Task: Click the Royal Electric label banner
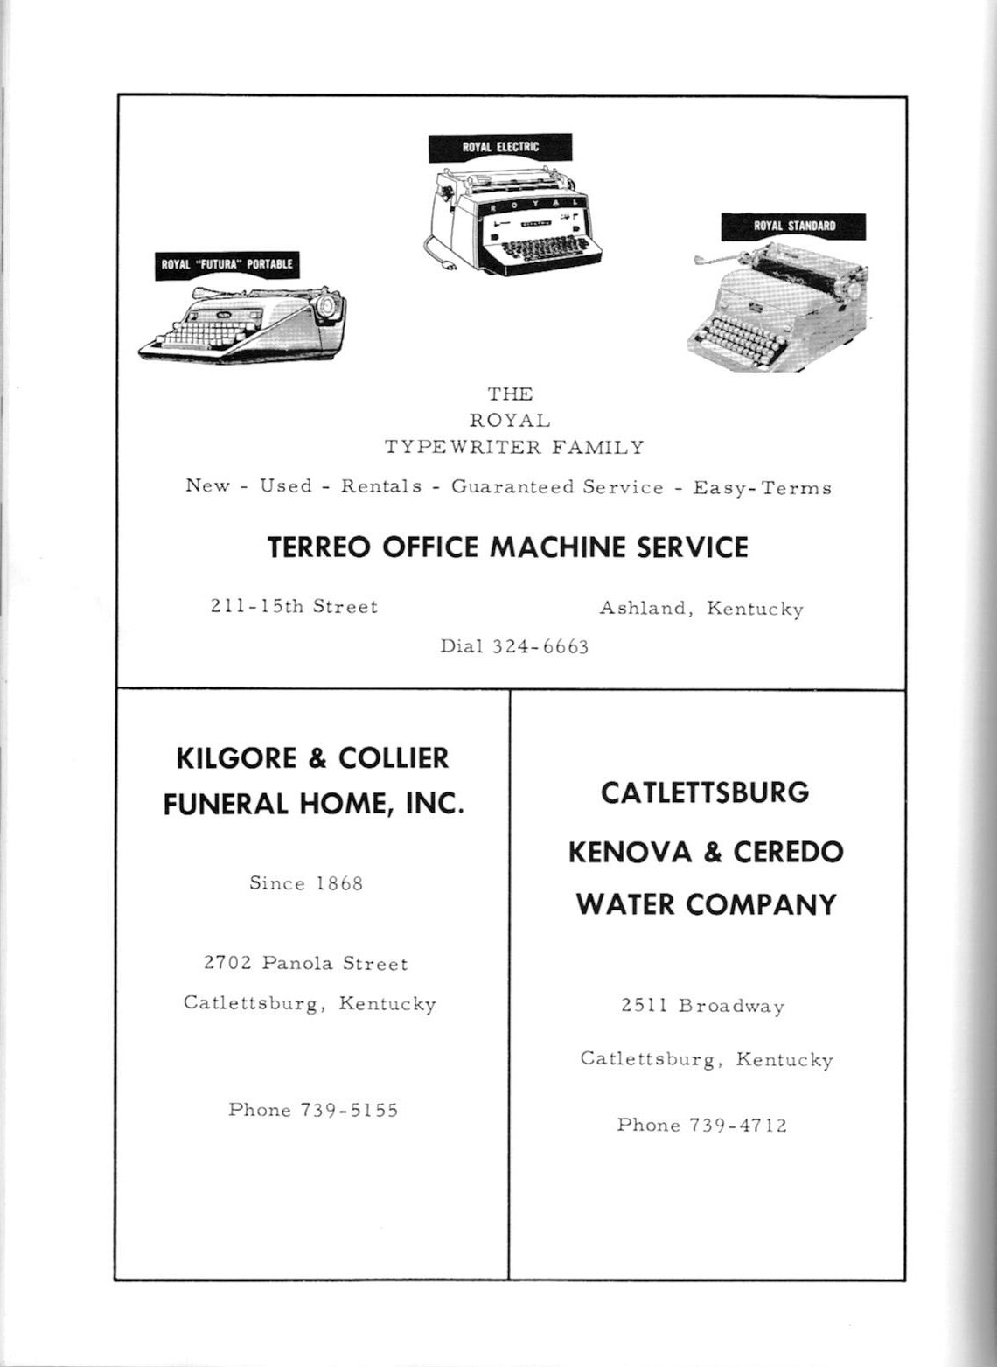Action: pos(500,147)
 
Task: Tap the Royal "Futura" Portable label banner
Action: pos(227,264)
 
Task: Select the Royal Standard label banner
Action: pos(793,226)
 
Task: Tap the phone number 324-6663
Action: pos(540,647)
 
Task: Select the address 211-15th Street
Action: pos(294,606)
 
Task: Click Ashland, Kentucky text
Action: pos(701,609)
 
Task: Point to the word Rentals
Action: pos(381,486)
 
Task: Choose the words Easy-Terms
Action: pos(762,488)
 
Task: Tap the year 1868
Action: pos(339,883)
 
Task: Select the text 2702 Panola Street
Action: pos(306,963)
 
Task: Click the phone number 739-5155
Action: pos(349,1110)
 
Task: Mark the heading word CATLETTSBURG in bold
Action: pos(705,792)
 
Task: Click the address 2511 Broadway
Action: pos(703,1006)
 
